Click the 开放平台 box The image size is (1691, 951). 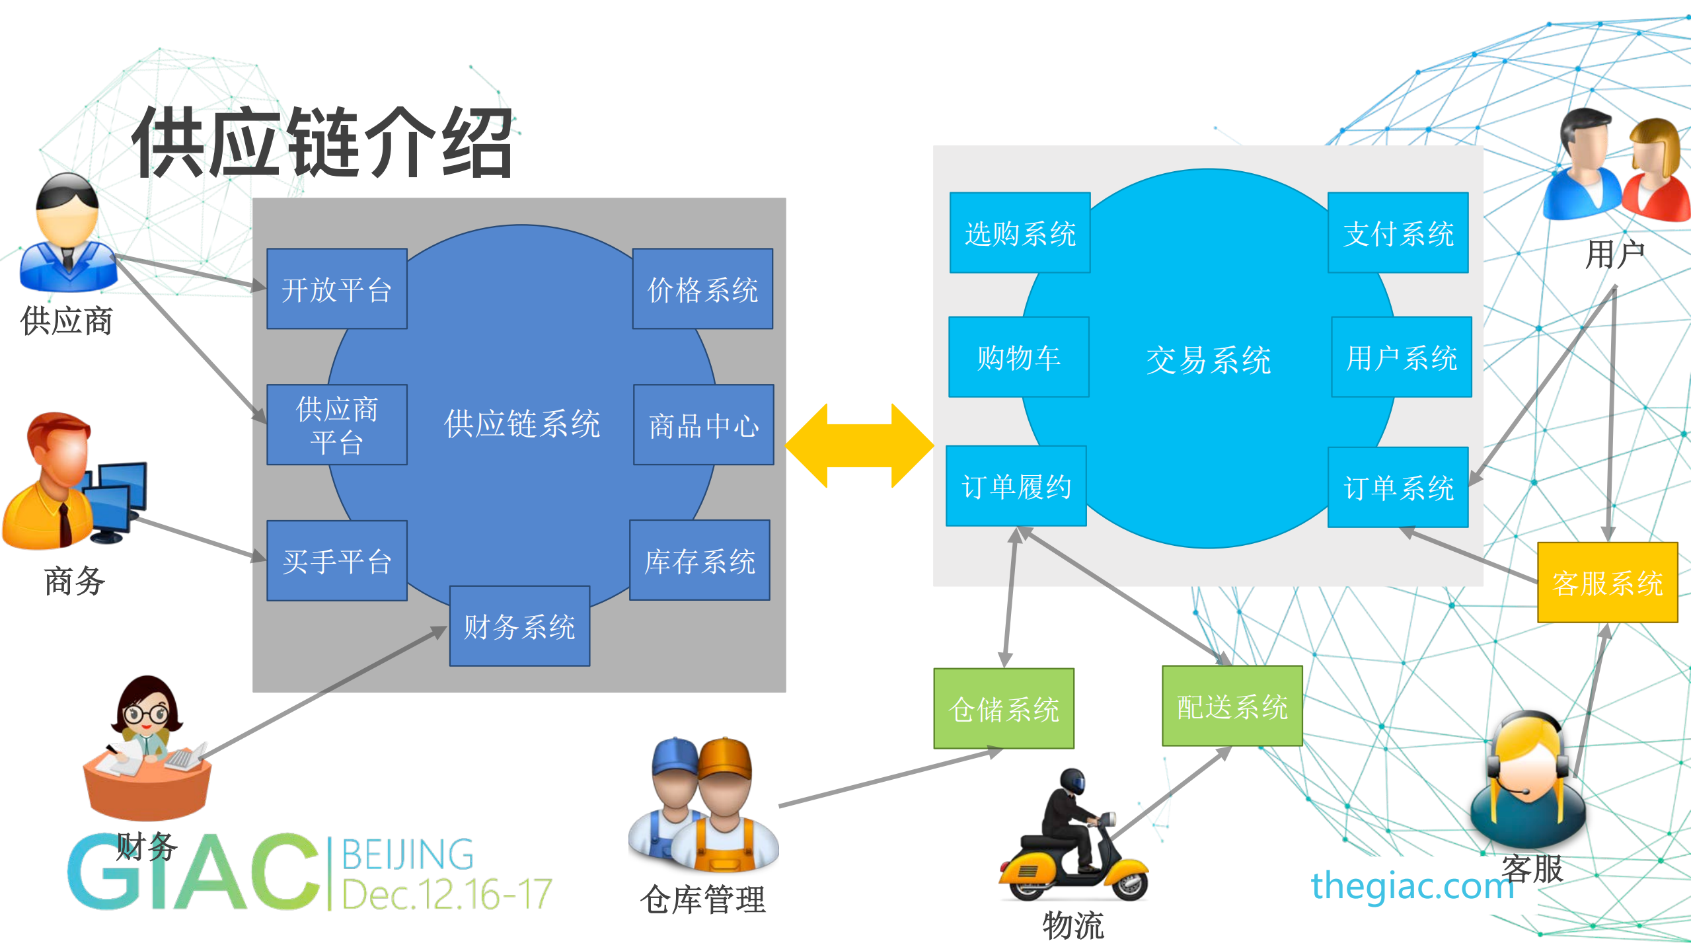coord(336,289)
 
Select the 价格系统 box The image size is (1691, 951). coord(702,289)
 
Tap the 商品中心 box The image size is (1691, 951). coord(703,425)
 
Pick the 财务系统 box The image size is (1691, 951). coord(519,626)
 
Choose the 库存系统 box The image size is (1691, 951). coord(700,560)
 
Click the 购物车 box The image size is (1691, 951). coord(1018,357)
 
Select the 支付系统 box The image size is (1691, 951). coord(1398,233)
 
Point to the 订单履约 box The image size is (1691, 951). coord(1016,486)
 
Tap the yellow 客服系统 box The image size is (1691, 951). coord(1607,583)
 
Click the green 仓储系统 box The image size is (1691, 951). coord(1003,708)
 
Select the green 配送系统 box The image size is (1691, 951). coord(1232,706)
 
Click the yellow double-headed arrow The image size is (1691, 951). coord(859,445)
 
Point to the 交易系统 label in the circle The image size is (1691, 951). coord(1208,360)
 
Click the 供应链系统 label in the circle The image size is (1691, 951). coord(521,424)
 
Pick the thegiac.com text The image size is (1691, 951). coord(1412,886)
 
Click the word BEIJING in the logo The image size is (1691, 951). coord(408,855)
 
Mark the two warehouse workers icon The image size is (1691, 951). coord(703,805)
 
